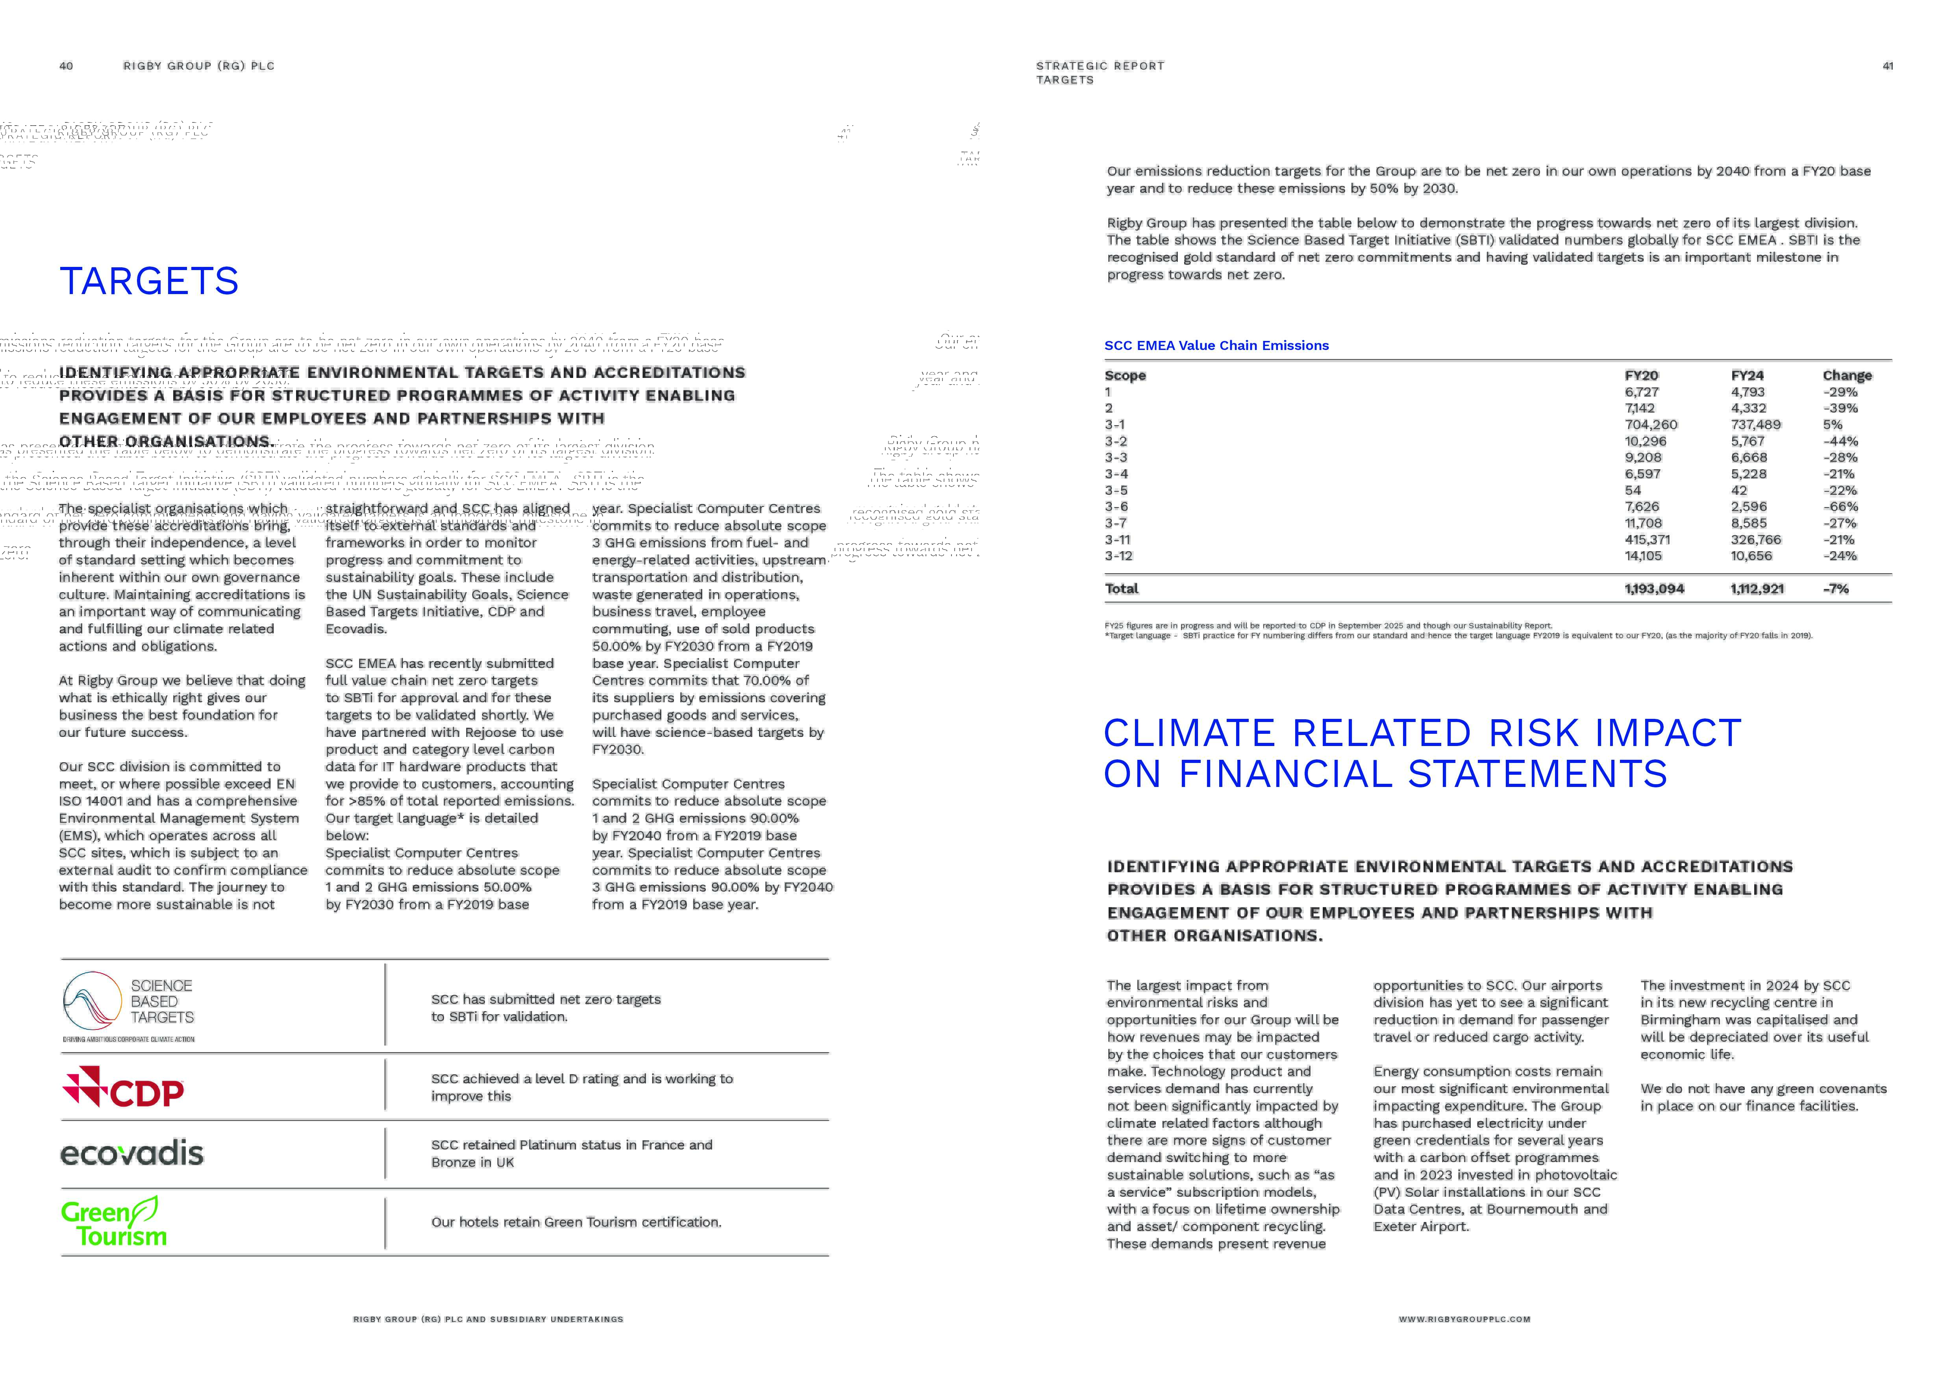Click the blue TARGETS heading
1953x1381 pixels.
tap(149, 281)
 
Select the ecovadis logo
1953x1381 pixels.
tap(132, 1154)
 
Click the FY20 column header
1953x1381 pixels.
tap(1641, 376)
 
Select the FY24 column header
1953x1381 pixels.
tap(1747, 376)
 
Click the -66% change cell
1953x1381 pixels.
tap(1840, 507)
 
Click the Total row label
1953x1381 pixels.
tap(1121, 589)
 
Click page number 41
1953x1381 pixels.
tap(1888, 66)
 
